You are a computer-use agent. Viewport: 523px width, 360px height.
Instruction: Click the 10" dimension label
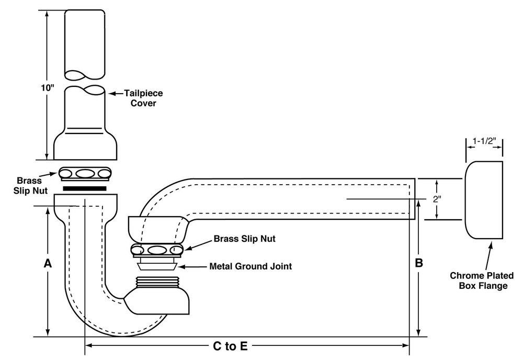49,87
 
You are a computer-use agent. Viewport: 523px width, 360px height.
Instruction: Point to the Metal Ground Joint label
251,266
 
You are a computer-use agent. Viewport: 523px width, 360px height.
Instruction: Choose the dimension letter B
418,263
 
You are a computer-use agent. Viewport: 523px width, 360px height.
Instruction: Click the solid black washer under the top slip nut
85,187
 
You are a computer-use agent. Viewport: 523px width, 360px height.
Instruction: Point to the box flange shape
484,199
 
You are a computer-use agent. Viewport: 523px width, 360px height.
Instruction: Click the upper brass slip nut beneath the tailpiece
85,173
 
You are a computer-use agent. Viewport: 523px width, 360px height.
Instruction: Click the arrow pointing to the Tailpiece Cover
115,94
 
